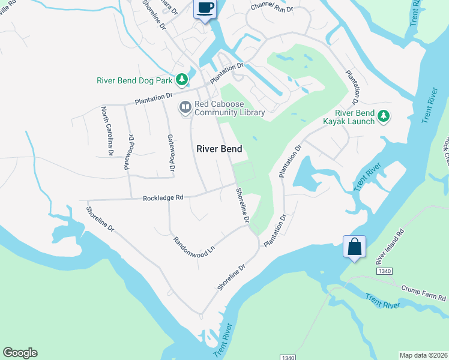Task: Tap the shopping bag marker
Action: [354, 246]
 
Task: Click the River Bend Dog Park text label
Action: [135, 80]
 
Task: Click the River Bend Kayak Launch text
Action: [355, 116]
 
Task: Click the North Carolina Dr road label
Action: [106, 131]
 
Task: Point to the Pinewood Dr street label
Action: [128, 152]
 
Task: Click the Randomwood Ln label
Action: [193, 245]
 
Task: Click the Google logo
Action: [20, 353]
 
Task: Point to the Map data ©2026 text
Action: [423, 355]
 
